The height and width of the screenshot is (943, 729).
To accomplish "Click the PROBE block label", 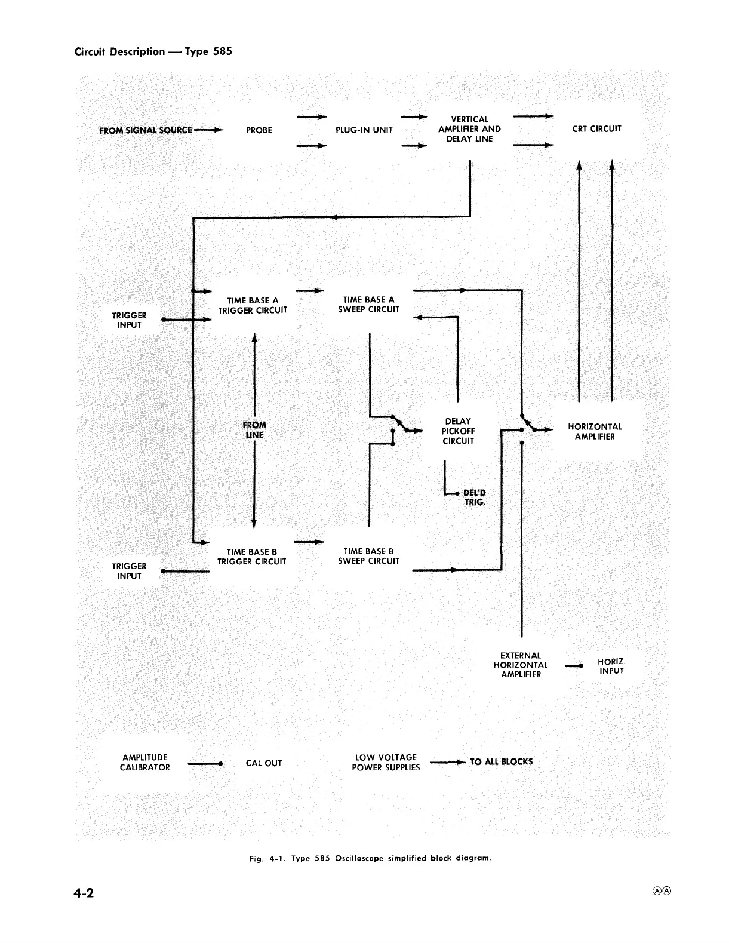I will pos(259,130).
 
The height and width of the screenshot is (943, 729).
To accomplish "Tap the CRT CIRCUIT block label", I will pos(596,128).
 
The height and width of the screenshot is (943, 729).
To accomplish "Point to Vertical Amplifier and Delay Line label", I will pos(469,129).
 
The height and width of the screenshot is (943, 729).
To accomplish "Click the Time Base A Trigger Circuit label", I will pos(253,305).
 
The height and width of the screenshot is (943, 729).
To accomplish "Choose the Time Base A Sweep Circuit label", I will pos(368,305).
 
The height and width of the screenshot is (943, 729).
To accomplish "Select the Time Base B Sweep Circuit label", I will pos(368,556).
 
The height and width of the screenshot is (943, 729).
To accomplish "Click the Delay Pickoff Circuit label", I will pos(458,431).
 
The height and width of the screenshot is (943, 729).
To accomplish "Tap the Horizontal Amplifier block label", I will pos(594,432).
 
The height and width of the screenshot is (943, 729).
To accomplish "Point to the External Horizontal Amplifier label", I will pos(521,665).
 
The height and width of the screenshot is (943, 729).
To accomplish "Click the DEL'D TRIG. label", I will pos(475,497).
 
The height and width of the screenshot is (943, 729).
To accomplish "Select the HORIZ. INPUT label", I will pos(611,666).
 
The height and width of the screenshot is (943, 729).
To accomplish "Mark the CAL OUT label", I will pos(263,763).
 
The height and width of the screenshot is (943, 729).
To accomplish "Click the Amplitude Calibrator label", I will pos(144,763).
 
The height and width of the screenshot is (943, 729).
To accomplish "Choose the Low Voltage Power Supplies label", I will pos(386,763).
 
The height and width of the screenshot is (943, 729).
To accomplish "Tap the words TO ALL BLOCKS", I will pos(501,762).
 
